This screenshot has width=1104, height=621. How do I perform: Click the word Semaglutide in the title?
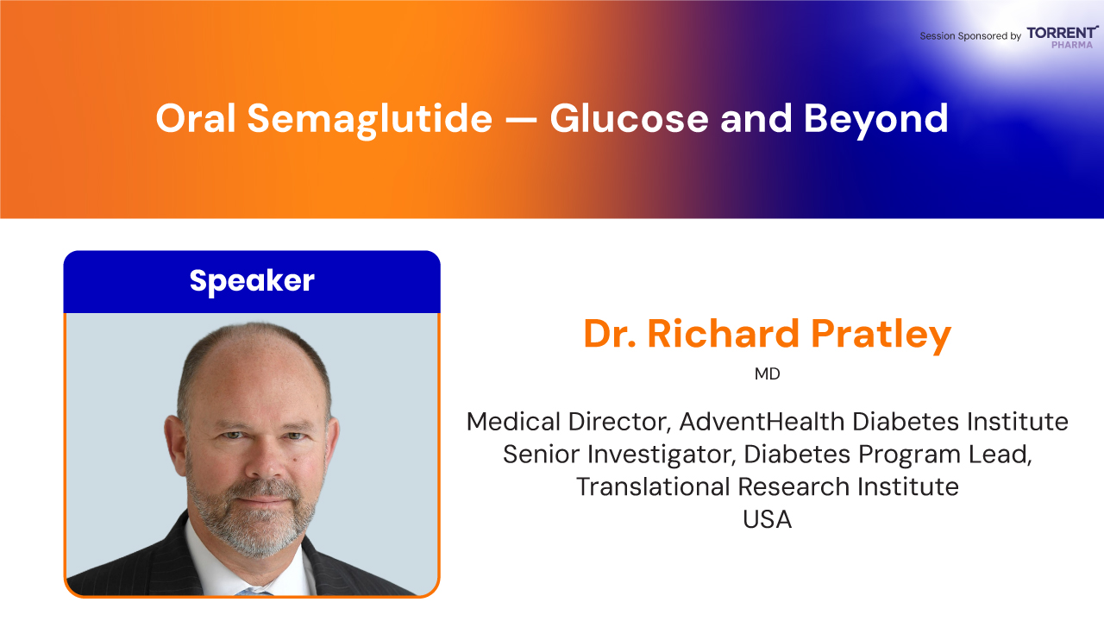[370, 119]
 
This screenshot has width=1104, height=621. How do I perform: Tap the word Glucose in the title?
[630, 119]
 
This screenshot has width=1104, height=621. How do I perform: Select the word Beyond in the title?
[876, 120]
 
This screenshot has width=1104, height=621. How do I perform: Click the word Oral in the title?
[196, 118]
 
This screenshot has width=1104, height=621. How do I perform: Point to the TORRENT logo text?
[1063, 33]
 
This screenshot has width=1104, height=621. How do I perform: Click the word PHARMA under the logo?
[1072, 45]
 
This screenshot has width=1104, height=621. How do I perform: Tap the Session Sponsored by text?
[970, 36]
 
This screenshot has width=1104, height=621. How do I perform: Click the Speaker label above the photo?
[252, 281]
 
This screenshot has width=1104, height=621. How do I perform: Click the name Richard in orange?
[723, 334]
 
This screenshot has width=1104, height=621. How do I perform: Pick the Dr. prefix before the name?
[610, 334]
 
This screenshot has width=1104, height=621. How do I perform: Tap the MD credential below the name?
[768, 374]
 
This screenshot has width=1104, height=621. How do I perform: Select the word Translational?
[653, 487]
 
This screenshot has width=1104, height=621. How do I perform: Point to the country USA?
[768, 519]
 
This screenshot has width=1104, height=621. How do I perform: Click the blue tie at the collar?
[254, 591]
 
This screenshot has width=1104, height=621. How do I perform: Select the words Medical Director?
[568, 423]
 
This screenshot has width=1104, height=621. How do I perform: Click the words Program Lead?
[945, 455]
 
